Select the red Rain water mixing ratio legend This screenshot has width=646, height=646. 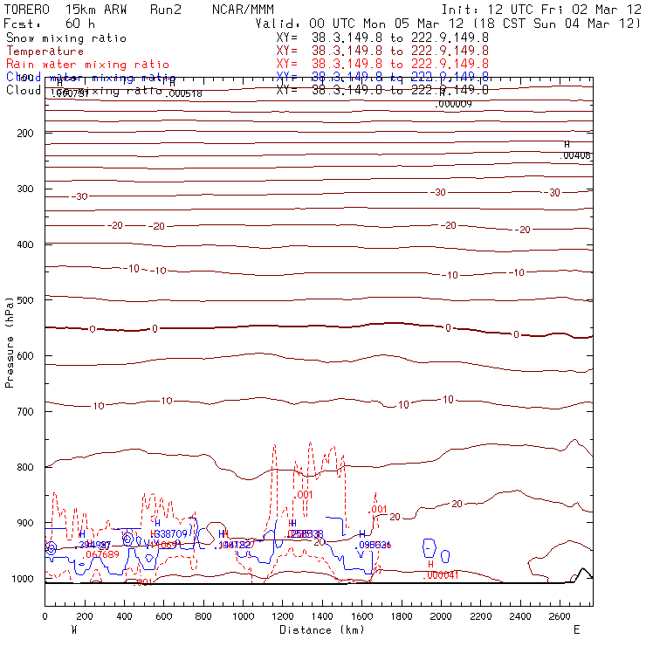coord(87,65)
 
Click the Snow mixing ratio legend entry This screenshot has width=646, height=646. coord(66,38)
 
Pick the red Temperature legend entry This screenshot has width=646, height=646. coord(45,52)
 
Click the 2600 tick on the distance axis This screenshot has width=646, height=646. coord(560,616)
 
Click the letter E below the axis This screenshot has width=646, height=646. coord(576,629)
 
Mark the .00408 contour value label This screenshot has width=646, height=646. coord(576,155)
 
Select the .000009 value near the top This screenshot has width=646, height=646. coord(453,104)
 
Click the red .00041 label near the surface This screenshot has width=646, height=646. coord(442,574)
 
